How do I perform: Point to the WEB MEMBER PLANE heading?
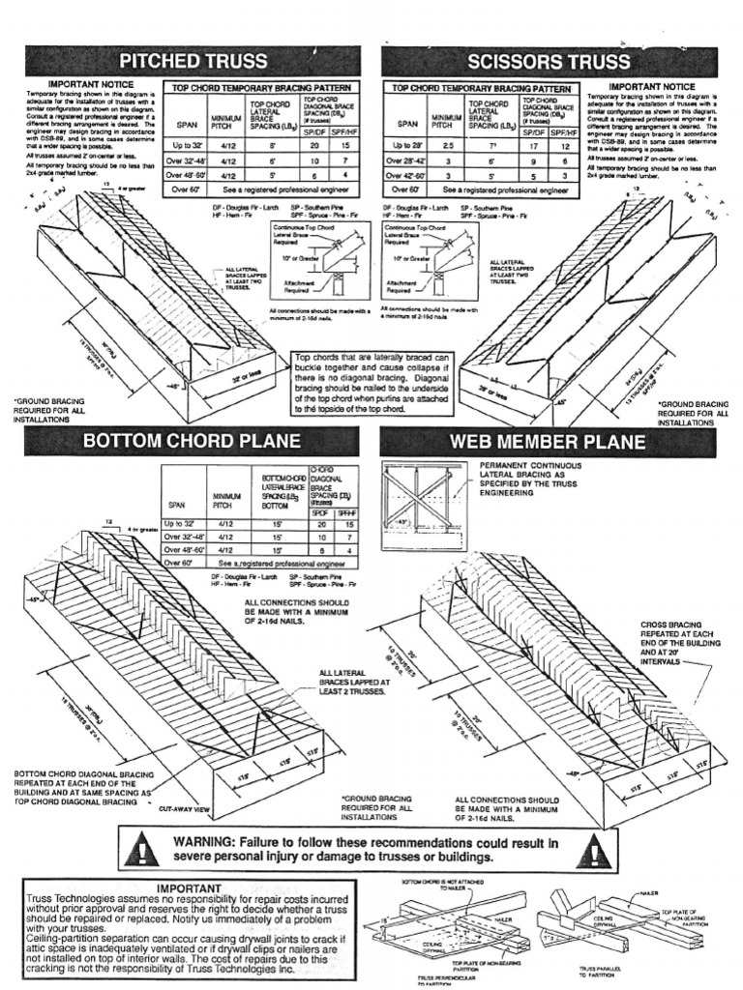tap(548, 443)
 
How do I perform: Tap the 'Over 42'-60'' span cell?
tap(407, 176)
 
